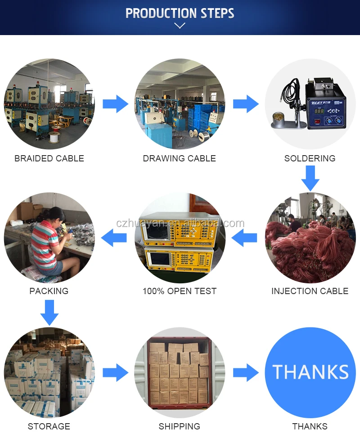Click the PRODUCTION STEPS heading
(180, 13)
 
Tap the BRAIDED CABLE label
(49, 158)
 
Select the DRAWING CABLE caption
(179, 158)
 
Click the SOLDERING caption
(310, 158)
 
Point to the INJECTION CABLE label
(310, 291)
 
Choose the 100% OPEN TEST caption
(179, 291)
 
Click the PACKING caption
(49, 291)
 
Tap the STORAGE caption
(49, 426)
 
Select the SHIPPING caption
(179, 426)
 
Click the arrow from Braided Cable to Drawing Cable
(115, 104)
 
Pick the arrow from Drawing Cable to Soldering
(246, 104)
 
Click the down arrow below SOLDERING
(310, 178)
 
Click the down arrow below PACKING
(49, 312)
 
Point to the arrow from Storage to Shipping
(115, 373)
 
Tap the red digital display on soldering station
(319, 111)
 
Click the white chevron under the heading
(180, 26)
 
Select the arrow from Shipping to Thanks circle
(246, 373)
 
